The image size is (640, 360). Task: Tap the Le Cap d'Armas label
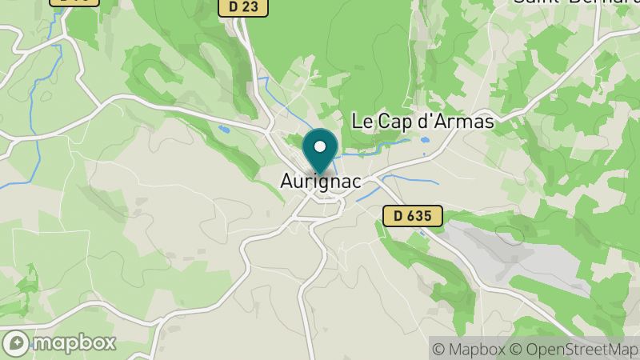(x=423, y=122)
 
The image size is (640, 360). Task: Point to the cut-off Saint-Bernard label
(x=576, y=2)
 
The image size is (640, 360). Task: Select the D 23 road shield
(x=243, y=7)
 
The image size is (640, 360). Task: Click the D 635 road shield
(x=412, y=215)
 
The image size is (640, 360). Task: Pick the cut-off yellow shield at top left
(x=74, y=2)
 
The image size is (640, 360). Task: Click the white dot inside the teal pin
(x=321, y=147)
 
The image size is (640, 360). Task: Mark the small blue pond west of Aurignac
(x=225, y=128)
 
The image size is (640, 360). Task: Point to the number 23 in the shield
(x=252, y=7)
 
